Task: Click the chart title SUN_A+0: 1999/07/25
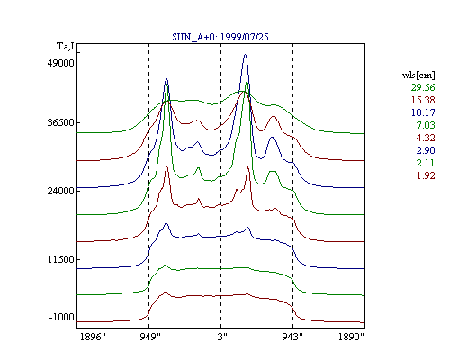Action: click(x=220, y=37)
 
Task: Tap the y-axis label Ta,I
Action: click(x=66, y=47)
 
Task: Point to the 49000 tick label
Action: click(x=60, y=64)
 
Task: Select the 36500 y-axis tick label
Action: click(x=60, y=123)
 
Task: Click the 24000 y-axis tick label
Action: click(x=60, y=191)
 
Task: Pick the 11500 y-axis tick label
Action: click(x=60, y=259)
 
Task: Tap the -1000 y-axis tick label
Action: click(x=61, y=317)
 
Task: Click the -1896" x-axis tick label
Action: click(x=91, y=337)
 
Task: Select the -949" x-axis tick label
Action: click(x=148, y=337)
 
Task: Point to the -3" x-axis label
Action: click(x=220, y=337)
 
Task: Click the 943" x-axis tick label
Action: click(x=292, y=337)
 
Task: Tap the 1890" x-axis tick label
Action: click(x=351, y=337)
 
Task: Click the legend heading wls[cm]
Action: click(x=418, y=76)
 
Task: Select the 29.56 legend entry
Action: click(x=423, y=87)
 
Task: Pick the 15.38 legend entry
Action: click(x=423, y=100)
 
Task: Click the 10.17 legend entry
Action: click(x=423, y=112)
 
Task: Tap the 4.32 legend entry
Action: click(x=426, y=138)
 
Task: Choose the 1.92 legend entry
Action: click(x=426, y=175)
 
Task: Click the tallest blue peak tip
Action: click(x=246, y=54)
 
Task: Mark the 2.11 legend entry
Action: click(x=426, y=163)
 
